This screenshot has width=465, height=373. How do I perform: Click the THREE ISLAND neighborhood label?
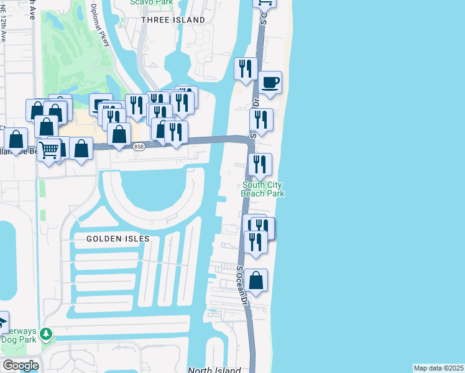click(173, 20)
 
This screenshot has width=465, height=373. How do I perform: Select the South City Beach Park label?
click(263, 189)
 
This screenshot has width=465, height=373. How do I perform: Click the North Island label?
click(214, 371)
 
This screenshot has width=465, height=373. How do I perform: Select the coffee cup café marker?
click(270, 83)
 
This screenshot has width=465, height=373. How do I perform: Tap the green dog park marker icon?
click(45, 334)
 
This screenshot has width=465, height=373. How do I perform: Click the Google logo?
click(21, 366)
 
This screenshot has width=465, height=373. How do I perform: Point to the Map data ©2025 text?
click(438, 368)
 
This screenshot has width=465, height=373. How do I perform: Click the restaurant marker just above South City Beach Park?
click(260, 164)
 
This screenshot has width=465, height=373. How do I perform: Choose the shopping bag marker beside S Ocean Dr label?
click(256, 280)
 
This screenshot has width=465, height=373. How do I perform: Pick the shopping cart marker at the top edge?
click(264, 2)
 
